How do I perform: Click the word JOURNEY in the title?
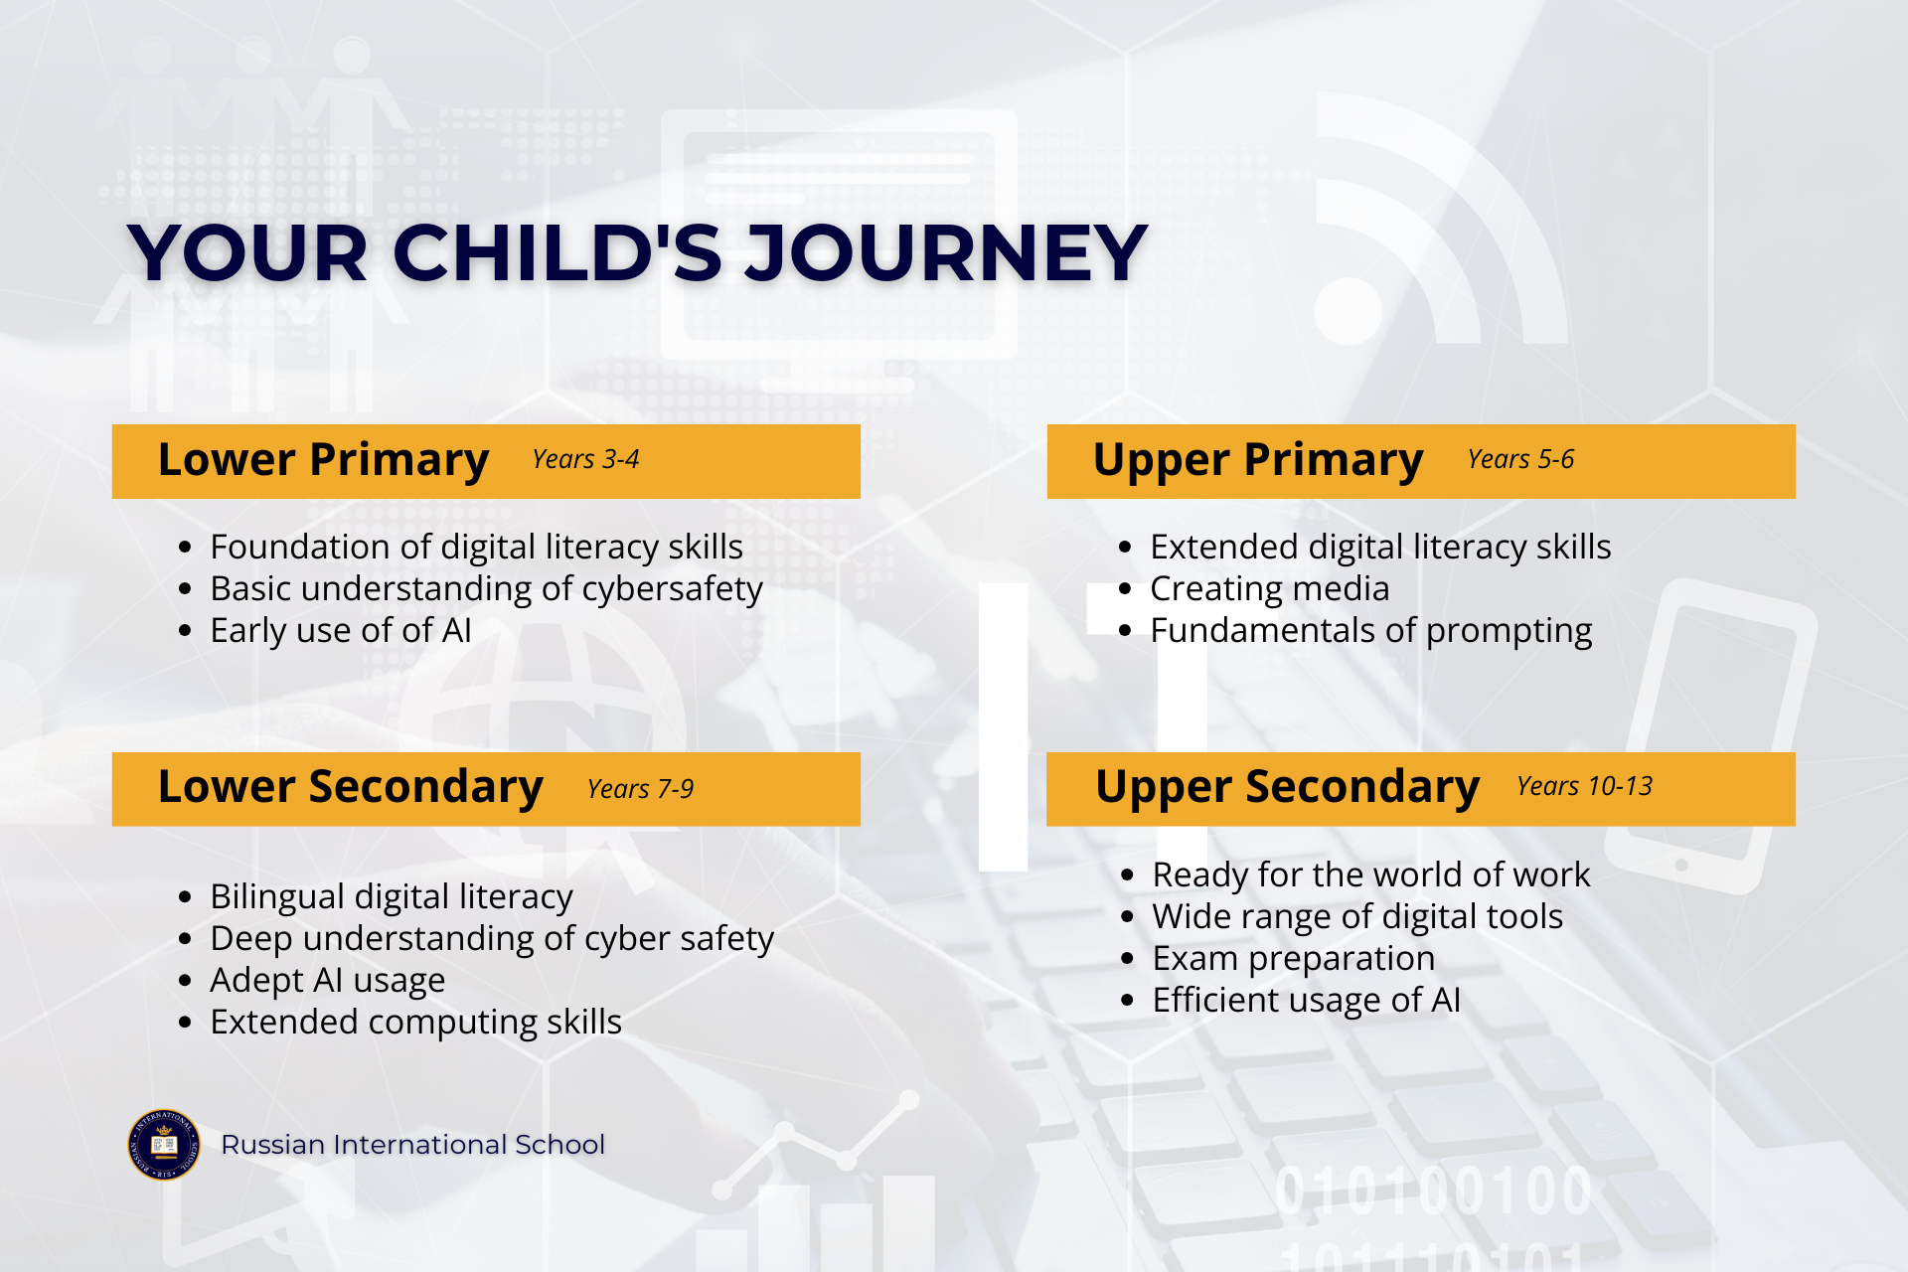[947, 252]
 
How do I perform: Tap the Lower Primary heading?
[323, 460]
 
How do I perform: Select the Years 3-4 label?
[585, 459]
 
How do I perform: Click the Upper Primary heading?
[1258, 461]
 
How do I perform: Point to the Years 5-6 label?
[1520, 459]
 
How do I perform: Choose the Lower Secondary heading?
[351, 787]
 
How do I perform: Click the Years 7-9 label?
[640, 789]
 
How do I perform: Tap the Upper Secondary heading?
[1288, 787]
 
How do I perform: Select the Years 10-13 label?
[1584, 786]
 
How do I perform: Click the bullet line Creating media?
[1269, 588]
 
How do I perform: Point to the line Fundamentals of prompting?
[1370, 631]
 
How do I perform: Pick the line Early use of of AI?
[341, 631]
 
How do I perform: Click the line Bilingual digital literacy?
[392, 897]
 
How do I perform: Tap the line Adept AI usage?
[327, 981]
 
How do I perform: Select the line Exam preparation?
[1293, 959]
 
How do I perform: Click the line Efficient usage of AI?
[1306, 1001]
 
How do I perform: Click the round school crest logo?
[164, 1145]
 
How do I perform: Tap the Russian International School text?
[412, 1145]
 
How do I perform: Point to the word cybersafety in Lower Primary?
[672, 589]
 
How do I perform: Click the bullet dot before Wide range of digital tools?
[1127, 917]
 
